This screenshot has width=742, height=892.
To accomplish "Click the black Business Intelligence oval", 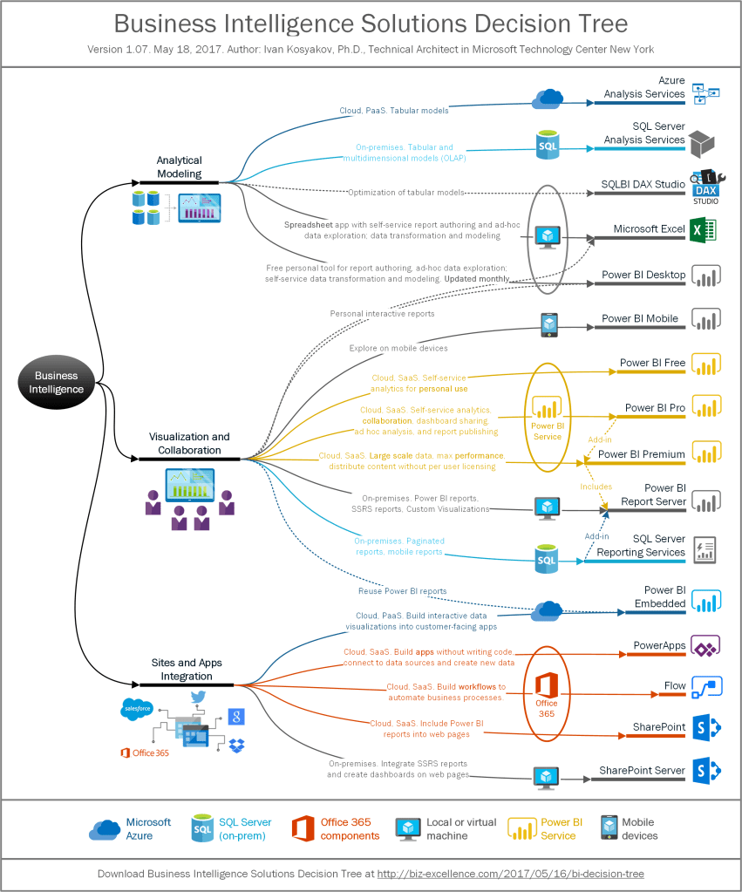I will point(56,383).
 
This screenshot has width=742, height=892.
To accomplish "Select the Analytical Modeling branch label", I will point(179,167).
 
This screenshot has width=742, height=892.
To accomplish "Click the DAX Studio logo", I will point(705,187).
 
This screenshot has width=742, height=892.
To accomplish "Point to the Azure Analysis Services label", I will point(644,87).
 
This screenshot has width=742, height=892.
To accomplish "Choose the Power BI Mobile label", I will point(640,319).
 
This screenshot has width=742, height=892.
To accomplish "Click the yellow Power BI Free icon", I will point(705,364).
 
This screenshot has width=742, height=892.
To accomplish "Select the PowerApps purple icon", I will point(705,646).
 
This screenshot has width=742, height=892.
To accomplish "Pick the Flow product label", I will point(675,686).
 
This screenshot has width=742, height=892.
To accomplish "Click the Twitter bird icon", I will point(197,697).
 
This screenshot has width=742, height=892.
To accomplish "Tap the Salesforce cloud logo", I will point(137,709).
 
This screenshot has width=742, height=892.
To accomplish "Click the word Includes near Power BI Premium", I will point(596,487).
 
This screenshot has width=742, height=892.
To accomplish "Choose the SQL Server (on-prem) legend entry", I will point(245,829).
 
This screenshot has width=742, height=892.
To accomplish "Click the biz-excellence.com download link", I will point(510,873).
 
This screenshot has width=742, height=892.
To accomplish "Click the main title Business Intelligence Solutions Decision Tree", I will point(371,23).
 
